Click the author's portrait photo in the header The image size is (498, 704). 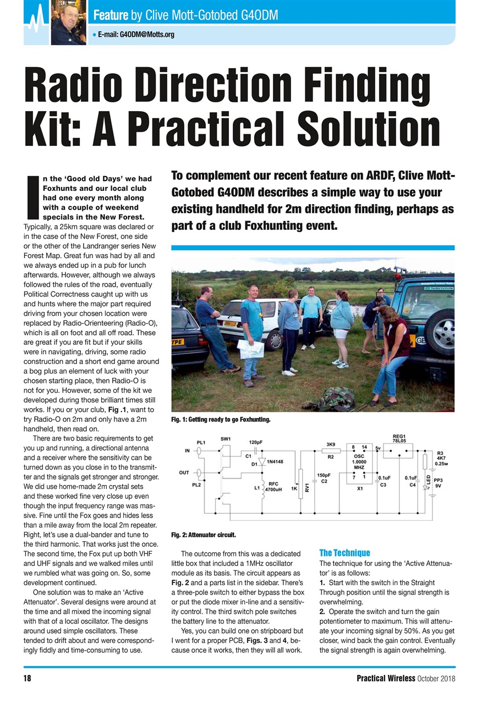pos(68,23)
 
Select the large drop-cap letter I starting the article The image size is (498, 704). pos(32,196)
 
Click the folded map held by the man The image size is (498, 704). pos(250,349)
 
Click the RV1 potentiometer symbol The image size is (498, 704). pos(300,484)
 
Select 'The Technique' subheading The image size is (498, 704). pos(344,553)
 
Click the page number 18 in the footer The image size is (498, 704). pos(27,678)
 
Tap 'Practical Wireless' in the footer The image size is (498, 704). pos(385,678)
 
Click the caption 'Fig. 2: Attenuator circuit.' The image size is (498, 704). pos(204,534)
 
